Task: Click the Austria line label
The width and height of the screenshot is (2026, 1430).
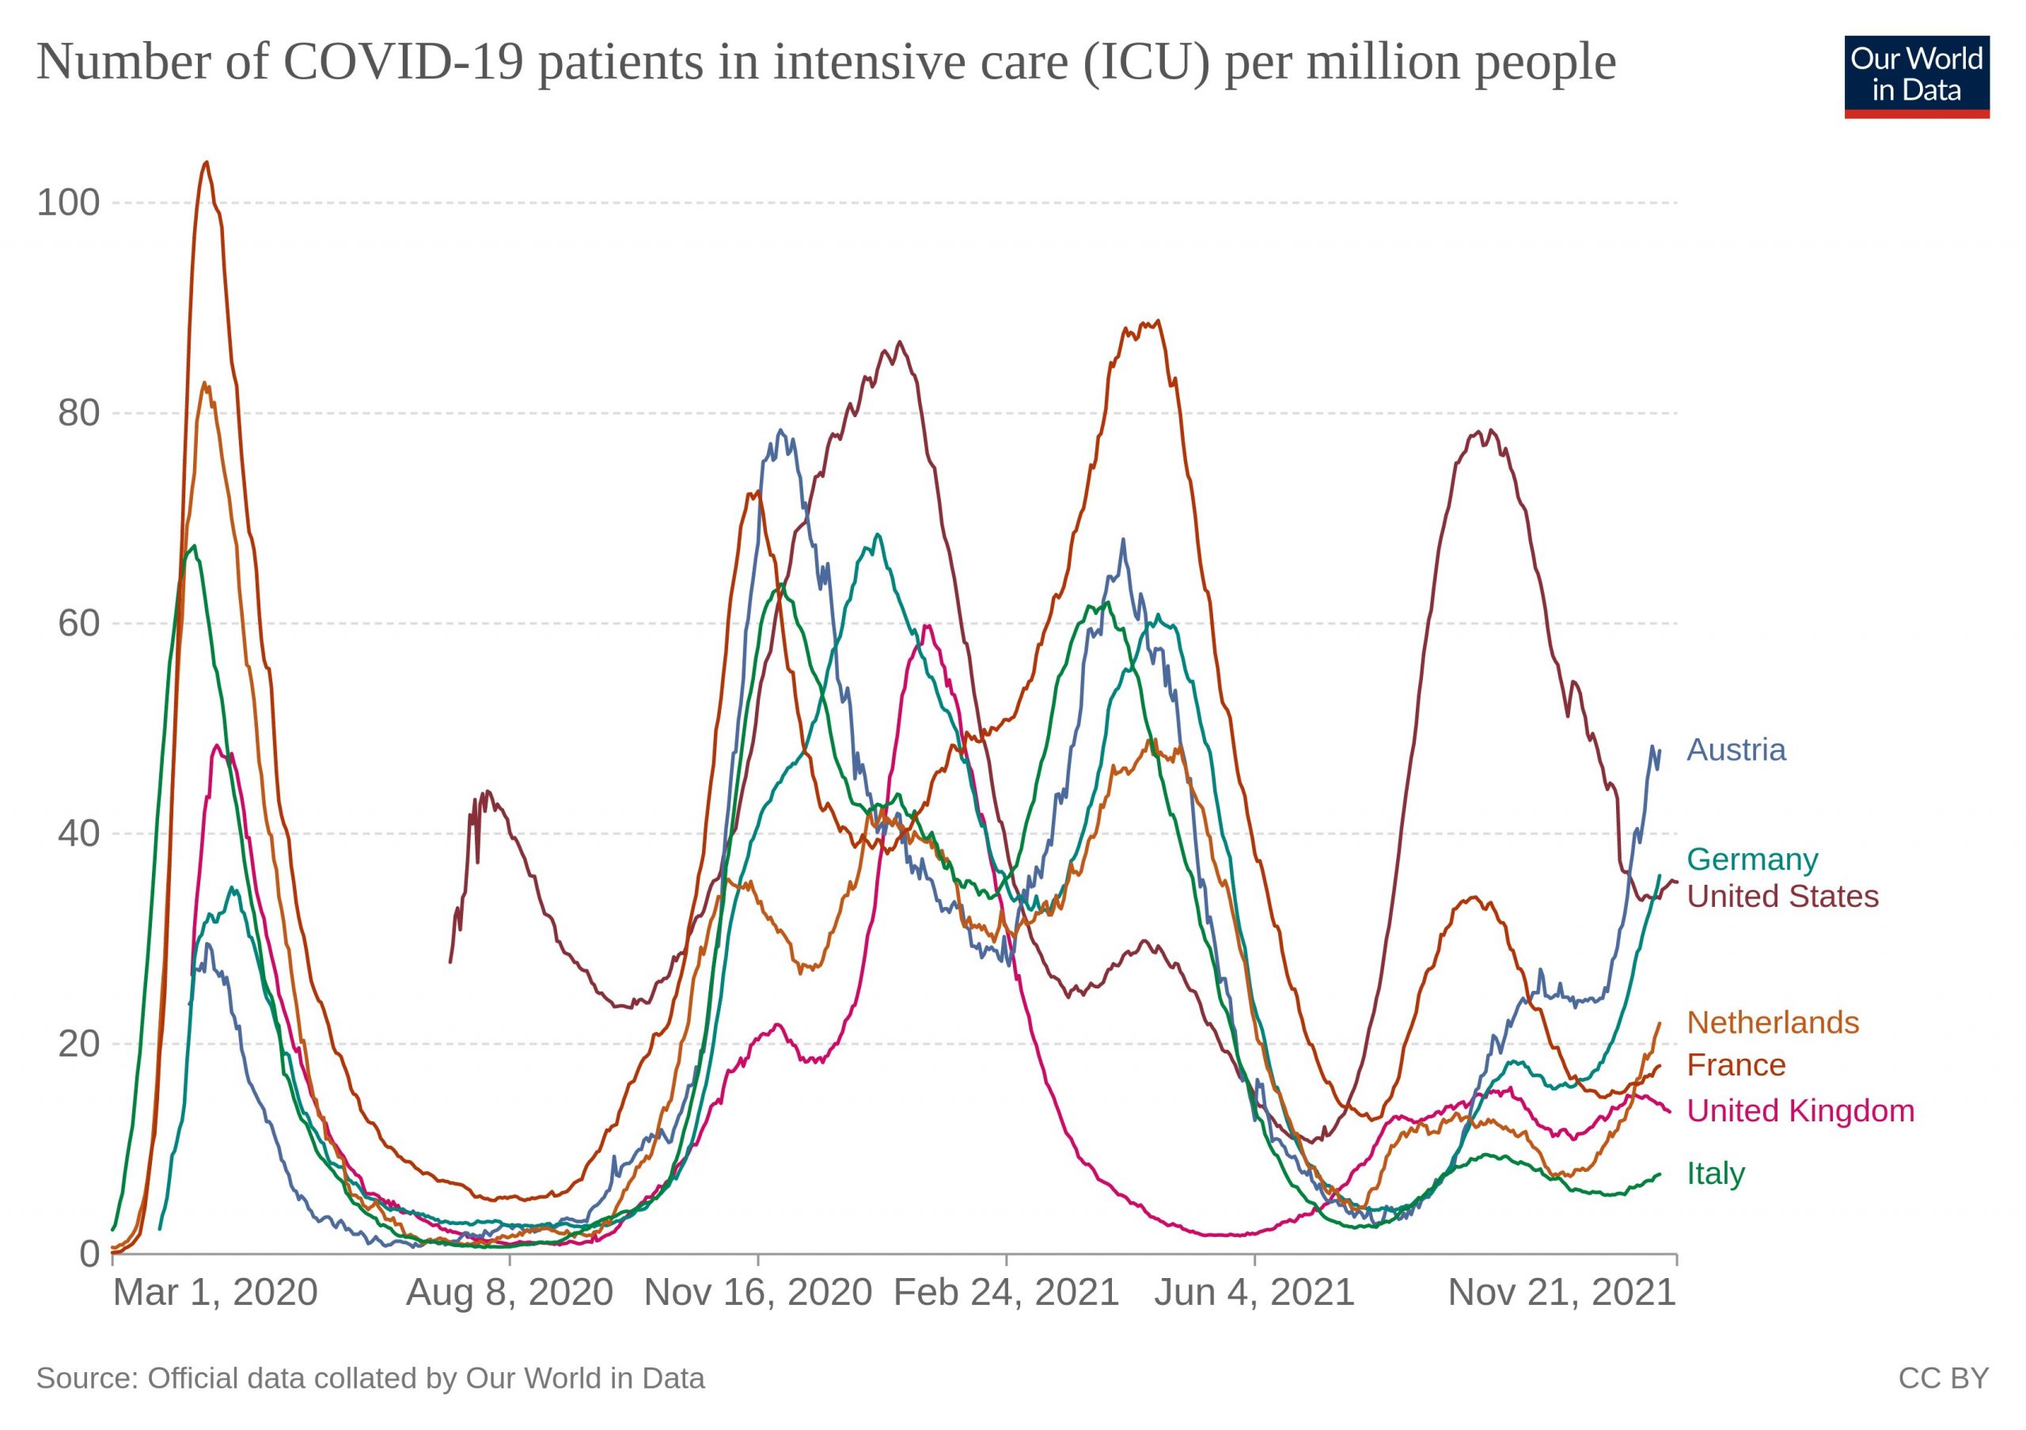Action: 1736,750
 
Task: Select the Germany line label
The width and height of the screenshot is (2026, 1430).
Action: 1751,859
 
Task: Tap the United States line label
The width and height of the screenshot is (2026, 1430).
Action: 1782,897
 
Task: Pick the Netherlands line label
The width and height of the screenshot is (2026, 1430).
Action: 1773,1022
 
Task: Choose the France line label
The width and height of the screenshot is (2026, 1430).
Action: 1736,1064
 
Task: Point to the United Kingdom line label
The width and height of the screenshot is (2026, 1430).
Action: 1800,1110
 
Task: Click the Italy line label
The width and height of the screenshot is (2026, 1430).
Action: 1716,1174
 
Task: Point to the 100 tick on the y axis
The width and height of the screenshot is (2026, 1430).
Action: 68,203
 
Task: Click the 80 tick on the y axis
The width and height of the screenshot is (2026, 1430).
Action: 78,413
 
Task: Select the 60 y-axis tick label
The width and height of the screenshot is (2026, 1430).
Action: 78,624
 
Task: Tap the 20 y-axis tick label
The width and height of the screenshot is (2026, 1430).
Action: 78,1045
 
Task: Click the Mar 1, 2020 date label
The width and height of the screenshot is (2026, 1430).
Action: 214,1293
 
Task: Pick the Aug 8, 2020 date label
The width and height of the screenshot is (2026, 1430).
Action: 509,1293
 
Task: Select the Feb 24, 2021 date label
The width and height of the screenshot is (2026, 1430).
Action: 1006,1293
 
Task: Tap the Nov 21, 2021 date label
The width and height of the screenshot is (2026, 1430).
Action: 1561,1293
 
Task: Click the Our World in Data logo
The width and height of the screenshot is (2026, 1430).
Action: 1917,77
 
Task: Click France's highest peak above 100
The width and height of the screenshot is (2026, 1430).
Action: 206,163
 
